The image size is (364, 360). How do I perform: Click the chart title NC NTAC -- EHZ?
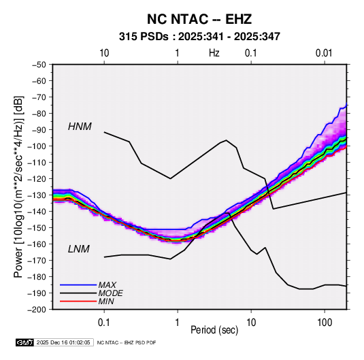[x=199, y=19]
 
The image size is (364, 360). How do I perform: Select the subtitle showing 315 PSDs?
[x=199, y=37]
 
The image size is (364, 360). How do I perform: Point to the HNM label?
[x=80, y=127]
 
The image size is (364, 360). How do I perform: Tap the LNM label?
[x=79, y=249]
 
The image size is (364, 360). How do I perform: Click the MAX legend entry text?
[x=107, y=285]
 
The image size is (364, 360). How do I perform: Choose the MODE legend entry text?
[x=110, y=293]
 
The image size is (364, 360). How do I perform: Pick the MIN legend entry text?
[x=106, y=301]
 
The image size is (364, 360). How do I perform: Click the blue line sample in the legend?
[x=78, y=285]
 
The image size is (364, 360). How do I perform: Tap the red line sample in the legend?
[x=78, y=301]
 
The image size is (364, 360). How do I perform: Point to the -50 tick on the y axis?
[x=39, y=65]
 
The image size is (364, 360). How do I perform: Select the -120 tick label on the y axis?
[x=37, y=179]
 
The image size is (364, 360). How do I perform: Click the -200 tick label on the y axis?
[x=37, y=310]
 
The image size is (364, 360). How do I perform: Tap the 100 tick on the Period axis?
[x=325, y=323]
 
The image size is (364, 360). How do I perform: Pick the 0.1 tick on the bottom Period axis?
[x=104, y=323]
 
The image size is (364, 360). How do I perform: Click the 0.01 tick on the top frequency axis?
[x=324, y=53]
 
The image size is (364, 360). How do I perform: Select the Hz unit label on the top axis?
[x=214, y=53]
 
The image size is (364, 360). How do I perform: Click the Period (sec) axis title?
[x=214, y=330]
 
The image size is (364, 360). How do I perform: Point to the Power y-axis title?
[x=18, y=187]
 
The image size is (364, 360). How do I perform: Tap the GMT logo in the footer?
[x=24, y=342]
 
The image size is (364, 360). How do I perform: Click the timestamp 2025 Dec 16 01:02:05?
[x=63, y=342]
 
